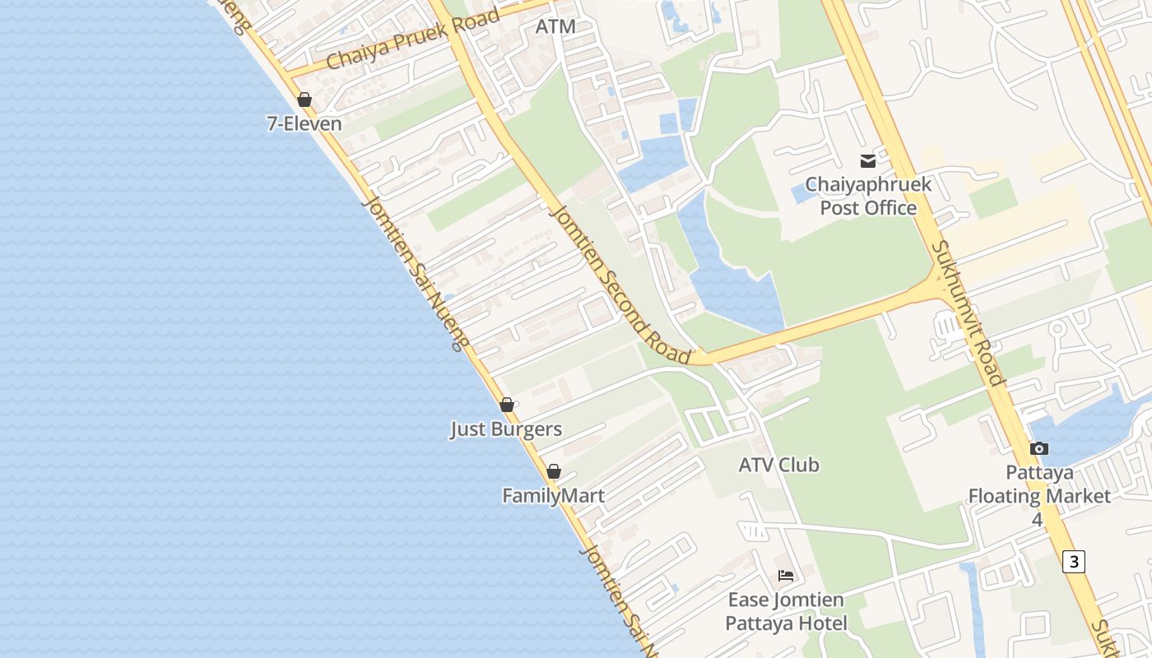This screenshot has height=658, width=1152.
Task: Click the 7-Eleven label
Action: tap(304, 124)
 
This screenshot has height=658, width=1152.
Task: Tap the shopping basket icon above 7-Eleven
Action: tap(304, 100)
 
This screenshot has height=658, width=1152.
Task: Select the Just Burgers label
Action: tap(506, 429)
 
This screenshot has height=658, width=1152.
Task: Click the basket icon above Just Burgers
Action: tap(507, 405)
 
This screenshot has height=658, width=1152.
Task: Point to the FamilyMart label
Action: tap(554, 496)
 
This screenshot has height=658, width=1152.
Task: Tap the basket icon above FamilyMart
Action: tap(554, 471)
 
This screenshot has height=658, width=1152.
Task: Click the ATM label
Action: tap(555, 26)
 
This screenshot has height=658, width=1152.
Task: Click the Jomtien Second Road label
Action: tap(619, 284)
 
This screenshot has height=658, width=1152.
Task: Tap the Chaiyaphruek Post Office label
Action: tap(868, 196)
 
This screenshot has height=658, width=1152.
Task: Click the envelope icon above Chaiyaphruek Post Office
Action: tap(868, 160)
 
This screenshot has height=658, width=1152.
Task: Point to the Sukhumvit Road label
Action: tap(968, 313)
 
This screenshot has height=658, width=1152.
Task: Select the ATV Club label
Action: tap(778, 465)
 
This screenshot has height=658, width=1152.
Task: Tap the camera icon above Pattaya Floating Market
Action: tap(1039, 448)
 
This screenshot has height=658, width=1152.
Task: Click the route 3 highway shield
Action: tap(1073, 561)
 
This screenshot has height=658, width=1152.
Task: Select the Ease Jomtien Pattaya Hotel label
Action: tap(786, 611)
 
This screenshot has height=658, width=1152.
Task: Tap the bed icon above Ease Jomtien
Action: tap(786, 575)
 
